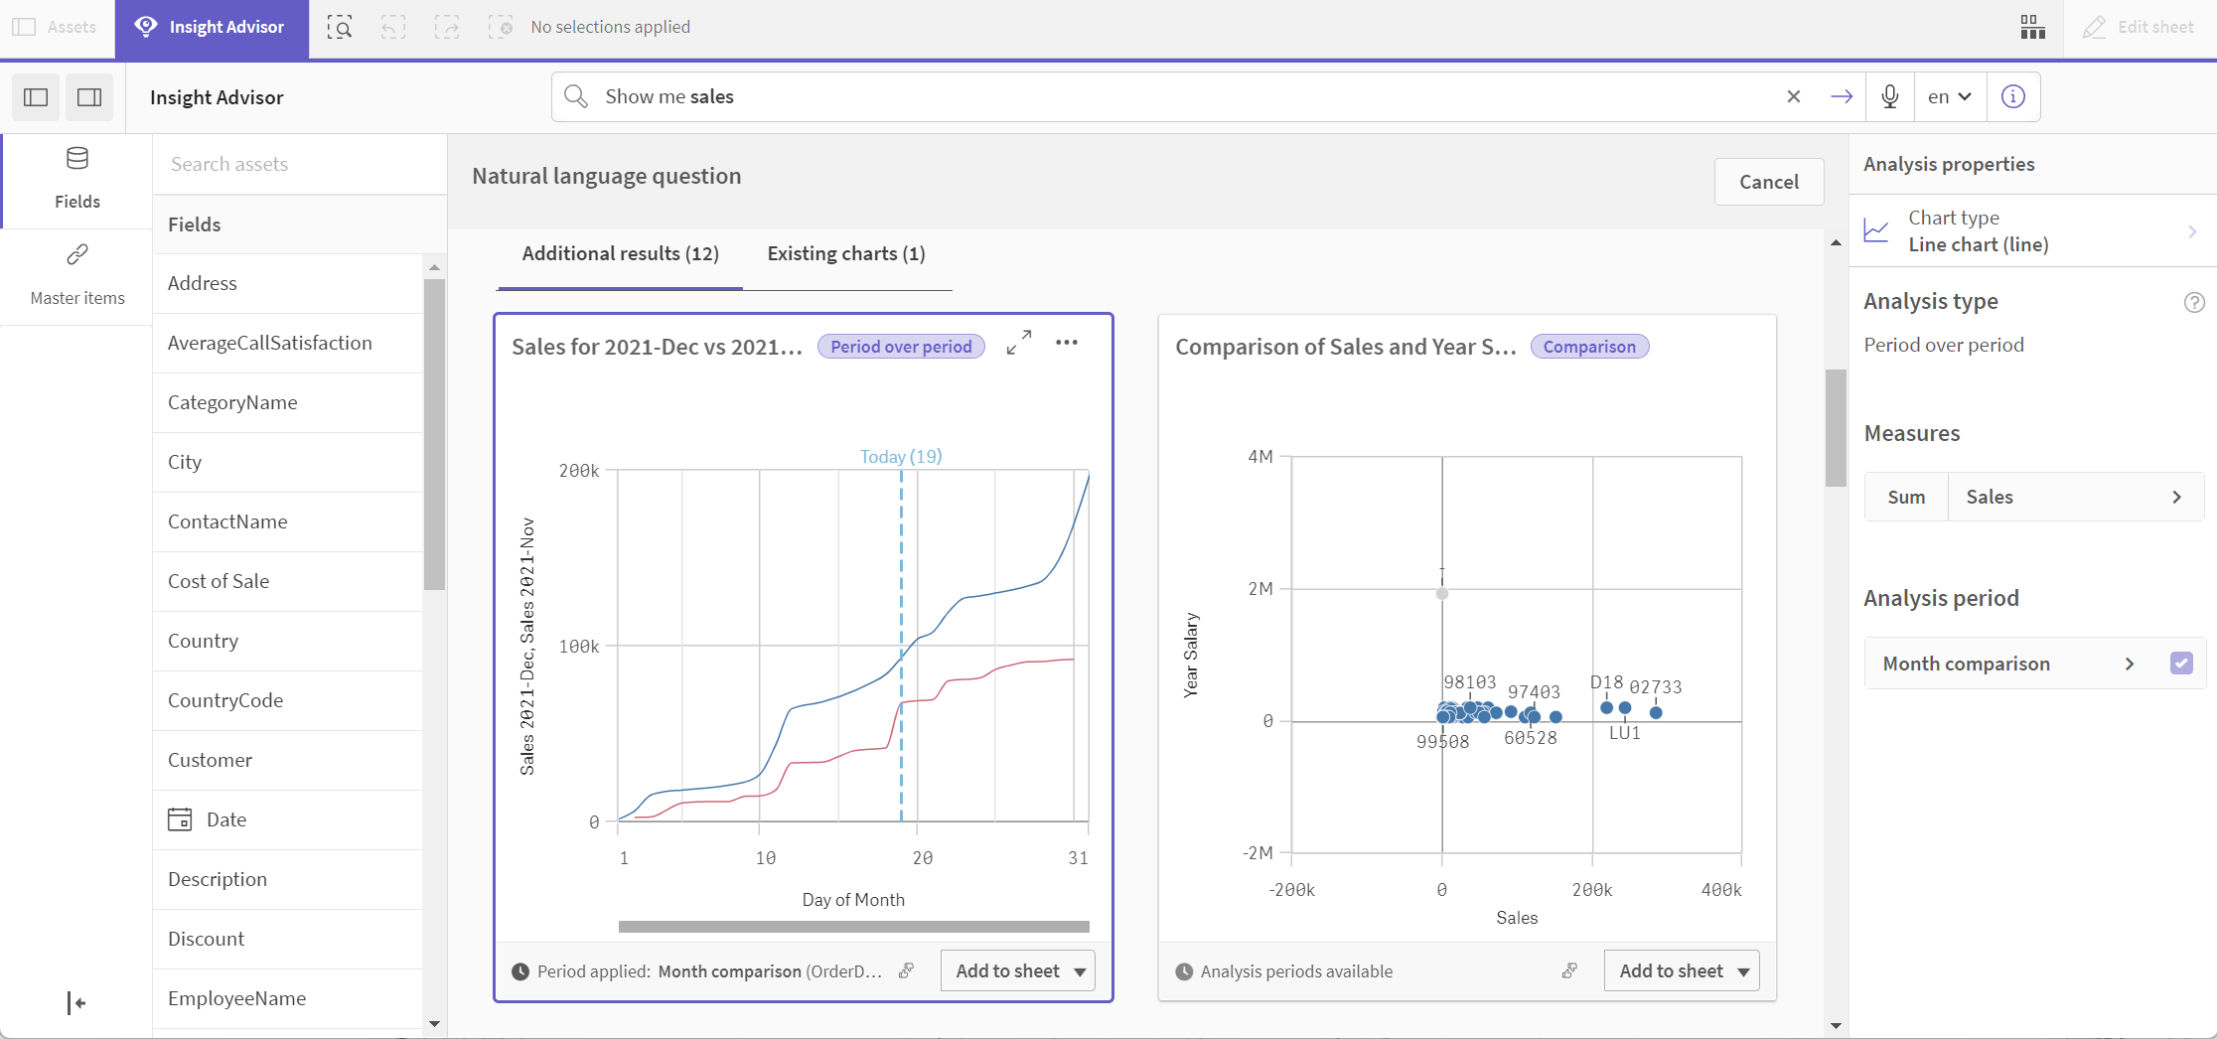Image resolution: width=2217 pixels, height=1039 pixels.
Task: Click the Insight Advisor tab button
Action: pyautogui.click(x=211, y=28)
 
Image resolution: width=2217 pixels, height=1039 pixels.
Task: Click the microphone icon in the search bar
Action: pyautogui.click(x=1889, y=96)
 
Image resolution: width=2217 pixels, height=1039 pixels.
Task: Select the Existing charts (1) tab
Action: pyautogui.click(x=845, y=253)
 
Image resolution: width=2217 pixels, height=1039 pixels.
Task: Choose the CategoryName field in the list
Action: pyautogui.click(x=232, y=402)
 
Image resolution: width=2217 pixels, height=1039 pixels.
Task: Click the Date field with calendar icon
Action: pyautogui.click(x=225, y=819)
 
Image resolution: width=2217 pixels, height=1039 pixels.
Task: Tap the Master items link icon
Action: pyautogui.click(x=77, y=255)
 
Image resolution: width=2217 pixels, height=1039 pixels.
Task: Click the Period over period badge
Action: pyautogui.click(x=900, y=347)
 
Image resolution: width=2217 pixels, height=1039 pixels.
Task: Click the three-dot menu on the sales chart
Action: pyautogui.click(x=1067, y=343)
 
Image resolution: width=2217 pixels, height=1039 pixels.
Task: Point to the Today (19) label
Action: pyautogui.click(x=900, y=457)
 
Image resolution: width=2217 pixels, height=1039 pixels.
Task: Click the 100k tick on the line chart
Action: pyautogui.click(x=579, y=647)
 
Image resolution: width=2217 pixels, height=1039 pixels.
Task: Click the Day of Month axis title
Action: pyautogui.click(x=852, y=900)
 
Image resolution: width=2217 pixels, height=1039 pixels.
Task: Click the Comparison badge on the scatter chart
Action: pyautogui.click(x=1588, y=347)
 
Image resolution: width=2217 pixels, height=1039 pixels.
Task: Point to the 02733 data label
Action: pyautogui.click(x=1655, y=687)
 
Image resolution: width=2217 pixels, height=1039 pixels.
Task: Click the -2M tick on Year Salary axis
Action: pyautogui.click(x=1257, y=853)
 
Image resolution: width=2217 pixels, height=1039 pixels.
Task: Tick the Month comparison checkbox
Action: pyautogui.click(x=2181, y=664)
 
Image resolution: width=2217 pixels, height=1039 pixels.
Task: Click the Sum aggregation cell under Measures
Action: pyautogui.click(x=1905, y=498)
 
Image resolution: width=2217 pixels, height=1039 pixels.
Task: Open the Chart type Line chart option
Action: pyautogui.click(x=2032, y=231)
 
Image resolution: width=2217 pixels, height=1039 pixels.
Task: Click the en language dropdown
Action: pyautogui.click(x=1949, y=96)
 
